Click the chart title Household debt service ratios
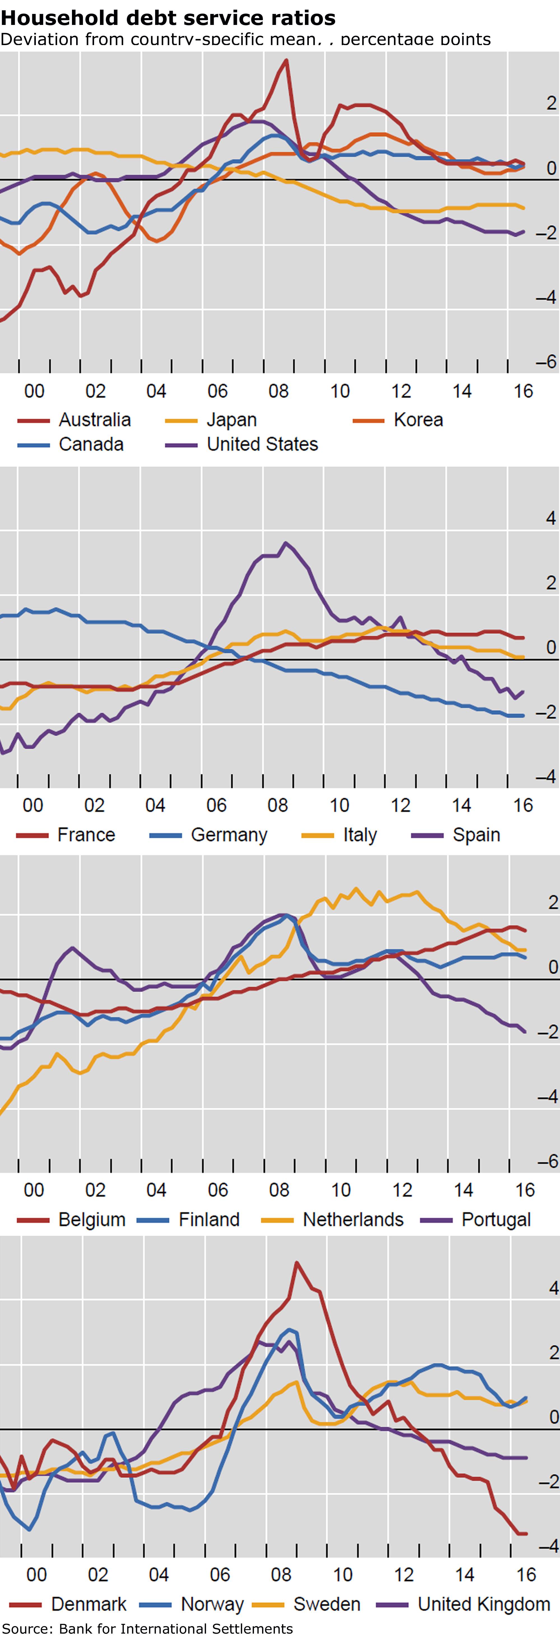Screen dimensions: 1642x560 point(168,17)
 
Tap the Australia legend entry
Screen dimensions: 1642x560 point(94,420)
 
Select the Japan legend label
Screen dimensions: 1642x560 point(231,420)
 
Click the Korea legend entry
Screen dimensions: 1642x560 point(418,420)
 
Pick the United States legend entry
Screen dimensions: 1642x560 point(262,444)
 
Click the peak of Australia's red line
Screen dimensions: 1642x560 point(286,60)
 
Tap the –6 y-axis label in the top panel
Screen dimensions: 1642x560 point(546,361)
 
